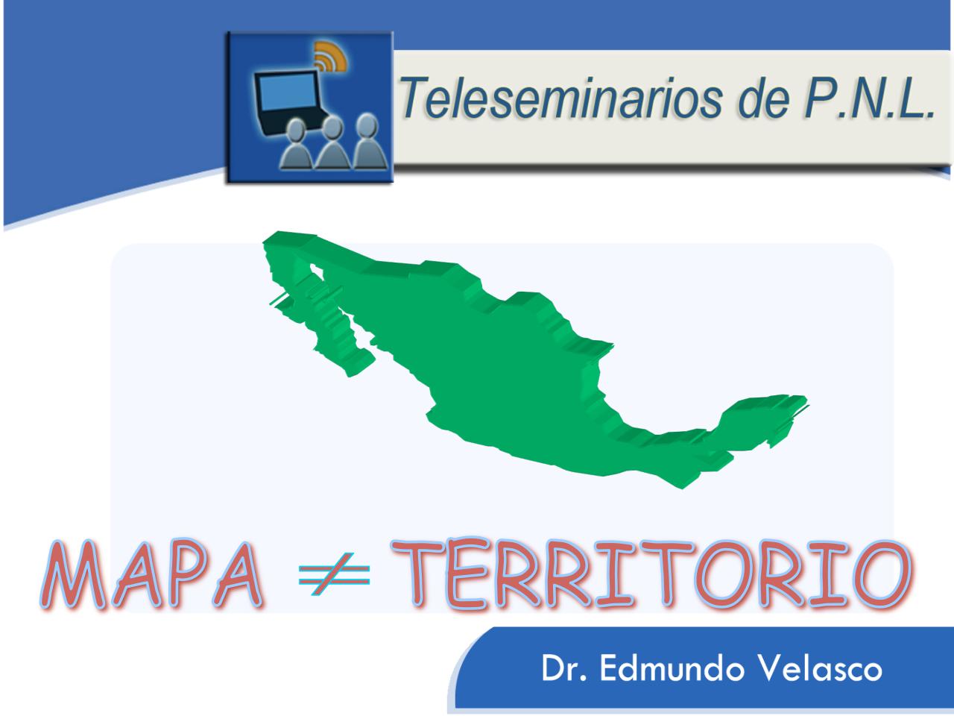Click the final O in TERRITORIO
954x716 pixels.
(x=879, y=575)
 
